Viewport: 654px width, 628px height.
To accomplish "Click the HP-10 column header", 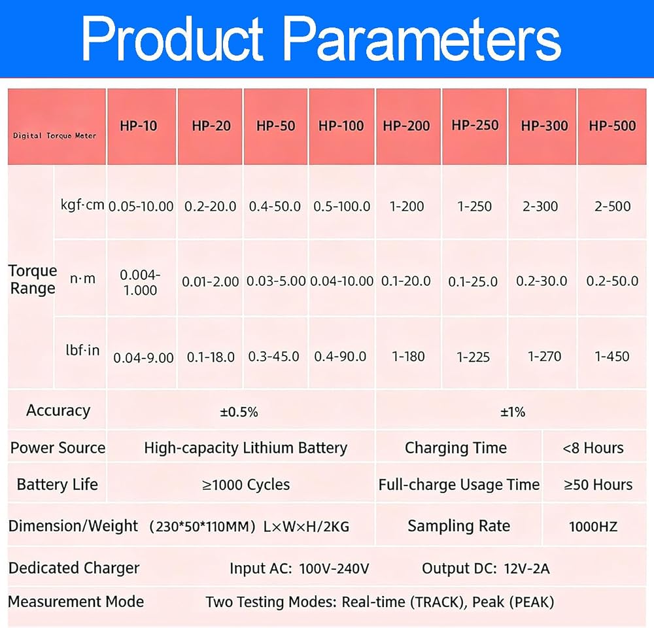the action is (x=139, y=126).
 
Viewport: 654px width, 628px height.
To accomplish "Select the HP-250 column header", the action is (x=475, y=125).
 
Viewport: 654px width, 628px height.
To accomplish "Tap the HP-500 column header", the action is (x=612, y=126).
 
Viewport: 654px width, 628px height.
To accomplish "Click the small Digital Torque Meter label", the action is (x=55, y=135).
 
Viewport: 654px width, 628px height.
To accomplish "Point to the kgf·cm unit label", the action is (x=82, y=205).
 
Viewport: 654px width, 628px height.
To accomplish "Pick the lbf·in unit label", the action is (x=82, y=350).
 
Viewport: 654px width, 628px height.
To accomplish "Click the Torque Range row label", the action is (x=33, y=279).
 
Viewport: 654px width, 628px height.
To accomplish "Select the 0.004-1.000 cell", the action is (x=140, y=283).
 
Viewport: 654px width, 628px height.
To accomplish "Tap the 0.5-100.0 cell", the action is (x=341, y=207).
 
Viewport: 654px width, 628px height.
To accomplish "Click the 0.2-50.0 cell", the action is (x=612, y=281).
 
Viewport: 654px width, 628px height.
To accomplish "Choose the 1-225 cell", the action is (x=473, y=357).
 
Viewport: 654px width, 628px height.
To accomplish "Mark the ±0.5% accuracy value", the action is (x=239, y=412).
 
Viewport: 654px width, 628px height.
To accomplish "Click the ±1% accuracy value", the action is (x=513, y=412).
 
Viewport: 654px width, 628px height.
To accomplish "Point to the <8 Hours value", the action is (x=593, y=448).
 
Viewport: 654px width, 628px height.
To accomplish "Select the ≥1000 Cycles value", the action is (x=246, y=485).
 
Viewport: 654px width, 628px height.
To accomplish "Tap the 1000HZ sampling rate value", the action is (x=593, y=527).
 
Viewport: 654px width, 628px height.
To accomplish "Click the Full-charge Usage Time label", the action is (x=459, y=485).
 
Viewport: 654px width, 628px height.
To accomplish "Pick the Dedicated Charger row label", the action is (x=74, y=568).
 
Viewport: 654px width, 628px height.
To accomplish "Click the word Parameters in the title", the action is (x=422, y=39).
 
